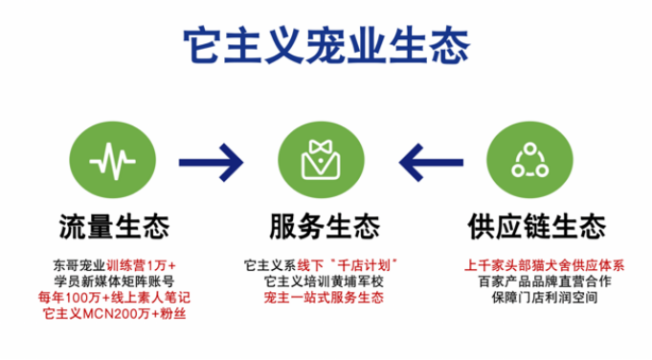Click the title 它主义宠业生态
coord(326,45)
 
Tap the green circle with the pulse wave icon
coord(113,160)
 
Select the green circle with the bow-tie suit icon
coord(321,160)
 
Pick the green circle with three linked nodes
coord(529,160)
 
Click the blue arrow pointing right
coord(211,162)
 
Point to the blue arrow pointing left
coord(431,162)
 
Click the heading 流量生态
coord(114,227)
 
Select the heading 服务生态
coord(325,227)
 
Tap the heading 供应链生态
coord(537,227)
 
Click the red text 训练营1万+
coord(141,265)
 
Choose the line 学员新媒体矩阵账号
coord(114,281)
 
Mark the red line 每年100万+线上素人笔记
coord(114,298)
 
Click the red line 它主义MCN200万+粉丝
coord(114,313)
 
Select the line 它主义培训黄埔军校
coord(324,281)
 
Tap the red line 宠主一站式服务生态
coord(324,298)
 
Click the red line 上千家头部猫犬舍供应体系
coord(545,265)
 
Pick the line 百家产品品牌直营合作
coord(545,281)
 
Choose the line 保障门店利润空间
coord(545,298)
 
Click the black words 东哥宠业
coord(79,265)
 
